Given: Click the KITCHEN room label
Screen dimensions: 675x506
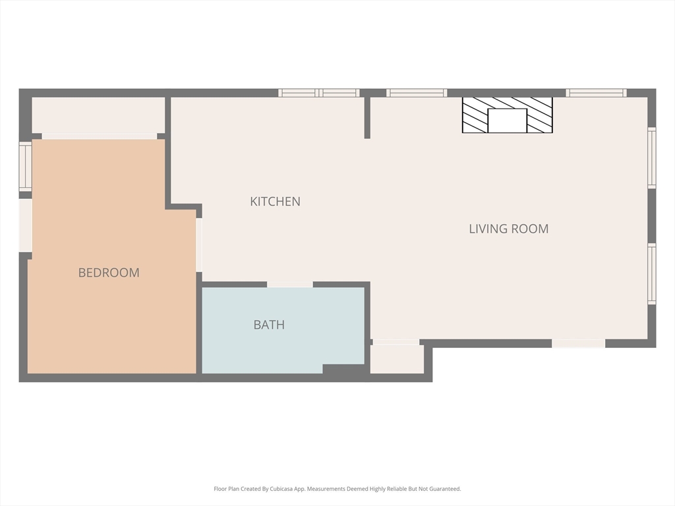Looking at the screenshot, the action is coord(275,202).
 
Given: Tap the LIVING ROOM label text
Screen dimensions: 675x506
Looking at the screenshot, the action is coord(509,229).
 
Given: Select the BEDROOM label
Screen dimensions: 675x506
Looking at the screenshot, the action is coord(109,272).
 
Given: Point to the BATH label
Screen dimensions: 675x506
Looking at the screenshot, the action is coord(269,324).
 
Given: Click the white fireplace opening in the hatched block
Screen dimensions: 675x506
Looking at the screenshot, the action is coord(508,121).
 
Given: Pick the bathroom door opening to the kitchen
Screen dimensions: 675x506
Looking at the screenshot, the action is coord(290,285).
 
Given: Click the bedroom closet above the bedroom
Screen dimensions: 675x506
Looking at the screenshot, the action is coord(99,115).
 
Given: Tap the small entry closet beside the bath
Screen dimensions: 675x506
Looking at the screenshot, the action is coord(397,359).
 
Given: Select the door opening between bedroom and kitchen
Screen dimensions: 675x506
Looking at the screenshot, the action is coord(199,245).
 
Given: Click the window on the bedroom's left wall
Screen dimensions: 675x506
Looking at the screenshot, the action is coord(26,167).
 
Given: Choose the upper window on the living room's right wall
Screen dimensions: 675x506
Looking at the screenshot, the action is coord(652,157).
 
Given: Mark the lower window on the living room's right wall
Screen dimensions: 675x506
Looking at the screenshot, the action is coord(652,274).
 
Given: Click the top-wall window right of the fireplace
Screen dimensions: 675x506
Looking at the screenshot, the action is coord(596,93).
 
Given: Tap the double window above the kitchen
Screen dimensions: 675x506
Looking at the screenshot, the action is coord(318,93).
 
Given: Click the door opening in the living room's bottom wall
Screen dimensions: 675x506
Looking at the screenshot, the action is coord(579,343).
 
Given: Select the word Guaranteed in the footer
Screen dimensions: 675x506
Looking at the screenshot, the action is coord(447,489).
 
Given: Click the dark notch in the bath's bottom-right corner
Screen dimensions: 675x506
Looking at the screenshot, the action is coord(343,369).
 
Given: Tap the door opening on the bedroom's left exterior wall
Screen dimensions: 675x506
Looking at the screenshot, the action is coord(26,225).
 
